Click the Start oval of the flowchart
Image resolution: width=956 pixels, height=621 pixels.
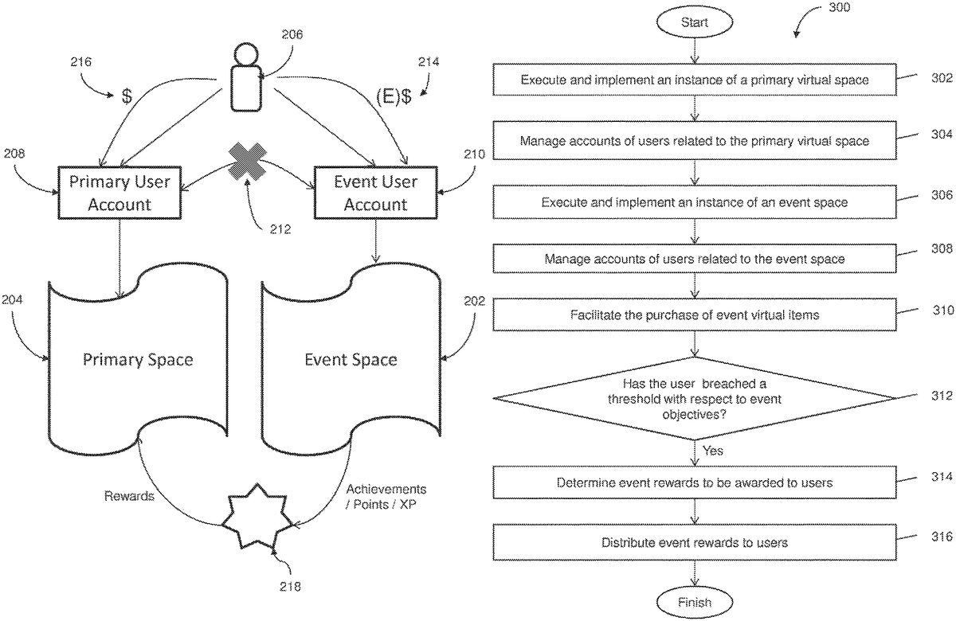tap(695, 23)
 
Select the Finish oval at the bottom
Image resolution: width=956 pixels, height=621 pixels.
tap(695, 602)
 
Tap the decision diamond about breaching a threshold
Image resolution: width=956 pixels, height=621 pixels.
tap(695, 397)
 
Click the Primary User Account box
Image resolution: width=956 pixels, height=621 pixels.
tap(119, 192)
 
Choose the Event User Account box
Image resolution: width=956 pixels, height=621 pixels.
tap(375, 192)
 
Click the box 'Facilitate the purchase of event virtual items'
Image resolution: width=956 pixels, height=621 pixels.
tap(695, 314)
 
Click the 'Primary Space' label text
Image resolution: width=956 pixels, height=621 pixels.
tap(138, 359)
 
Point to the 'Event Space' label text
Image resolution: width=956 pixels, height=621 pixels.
tap(351, 359)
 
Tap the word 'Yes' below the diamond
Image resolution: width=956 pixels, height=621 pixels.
tap(713, 451)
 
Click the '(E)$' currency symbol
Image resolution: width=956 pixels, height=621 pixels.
tap(394, 97)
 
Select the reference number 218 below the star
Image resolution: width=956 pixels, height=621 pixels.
tap(291, 587)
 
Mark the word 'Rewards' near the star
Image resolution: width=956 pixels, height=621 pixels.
tap(128, 496)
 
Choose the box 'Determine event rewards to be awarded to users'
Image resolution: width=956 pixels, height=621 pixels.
tap(695, 482)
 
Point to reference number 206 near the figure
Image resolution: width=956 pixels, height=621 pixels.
tap(293, 34)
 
